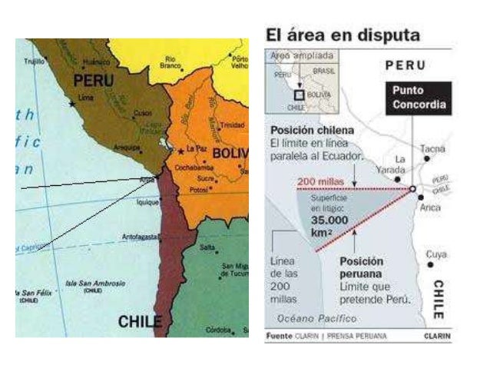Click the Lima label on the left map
tap(86, 99)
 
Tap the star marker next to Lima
tap(73, 103)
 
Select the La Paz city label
tap(195, 148)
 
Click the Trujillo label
tap(35, 60)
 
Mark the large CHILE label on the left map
tap(139, 320)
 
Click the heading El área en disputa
tap(343, 35)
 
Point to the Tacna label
tap(432, 148)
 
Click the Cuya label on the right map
tap(435, 254)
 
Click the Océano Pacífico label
tap(317, 317)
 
